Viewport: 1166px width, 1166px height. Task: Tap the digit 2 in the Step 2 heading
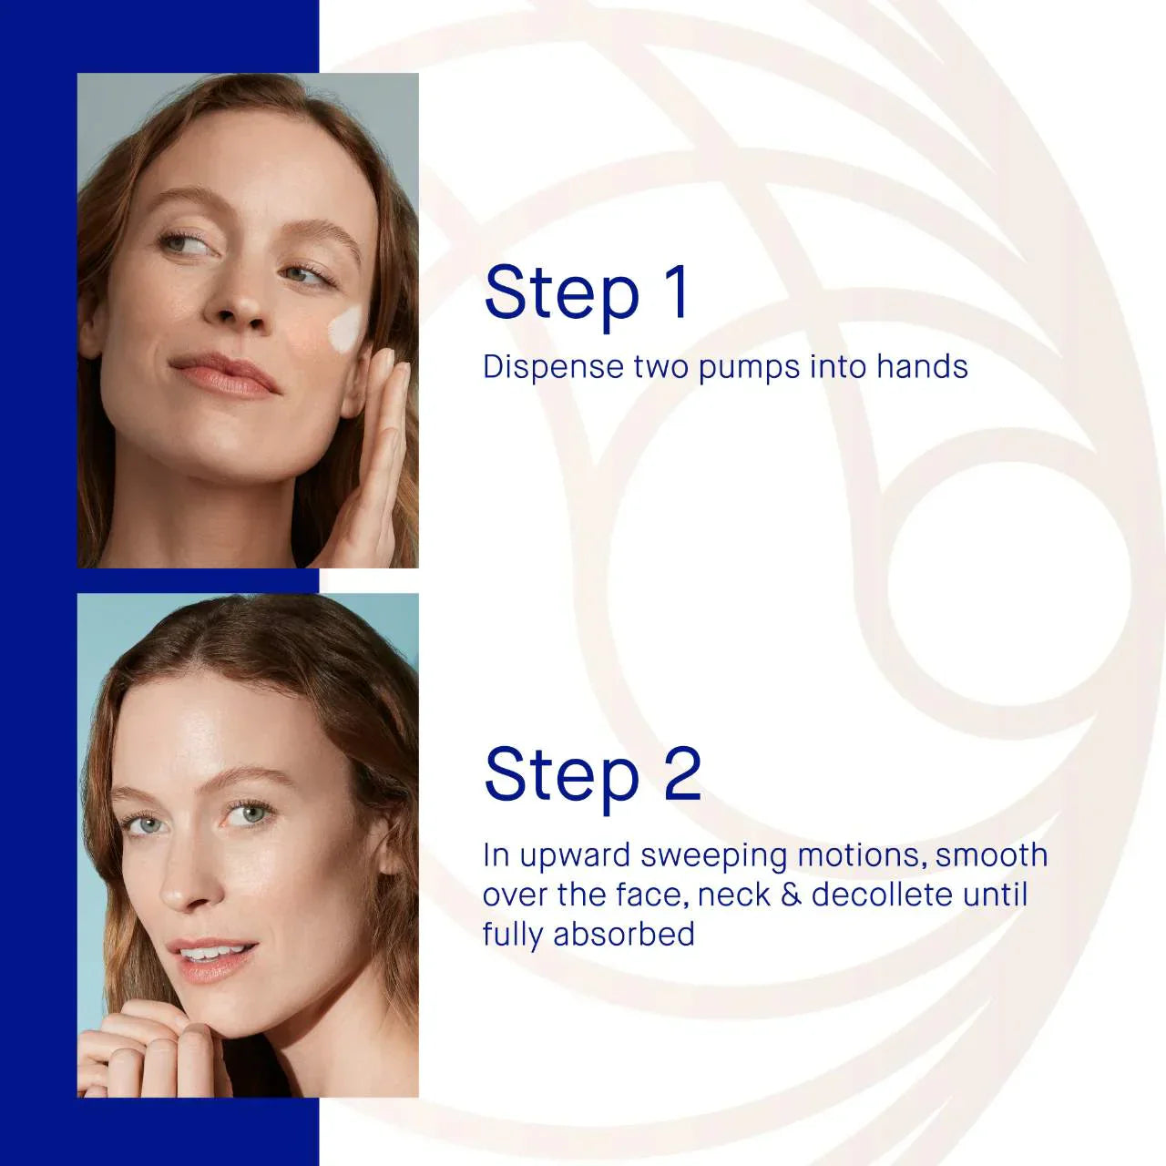pos(682,774)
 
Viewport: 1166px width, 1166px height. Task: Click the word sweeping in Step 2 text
pos(715,856)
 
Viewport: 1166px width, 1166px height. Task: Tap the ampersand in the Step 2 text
pos(791,895)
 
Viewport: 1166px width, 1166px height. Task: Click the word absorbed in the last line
pos(624,935)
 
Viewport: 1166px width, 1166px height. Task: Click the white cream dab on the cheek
pos(347,330)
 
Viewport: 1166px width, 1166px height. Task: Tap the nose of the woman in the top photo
pos(239,305)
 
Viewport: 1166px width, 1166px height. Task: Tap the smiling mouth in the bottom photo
pos(214,956)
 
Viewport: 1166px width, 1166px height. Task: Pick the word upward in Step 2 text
pos(576,856)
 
